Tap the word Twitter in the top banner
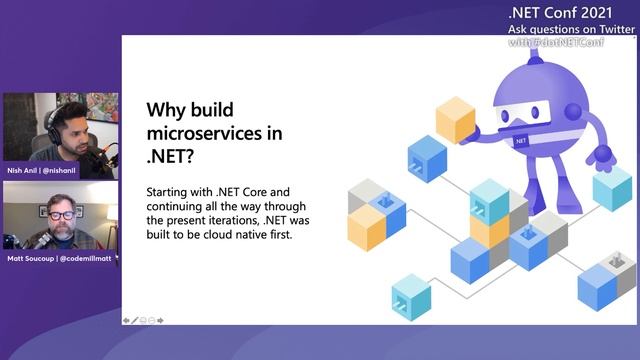pos(613,29)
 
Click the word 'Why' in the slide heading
pos(166,109)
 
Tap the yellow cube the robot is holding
pos(455,120)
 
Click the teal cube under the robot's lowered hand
pos(612,187)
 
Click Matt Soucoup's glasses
pos(61,216)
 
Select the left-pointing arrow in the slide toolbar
pos(127,320)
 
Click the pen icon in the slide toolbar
pos(135,320)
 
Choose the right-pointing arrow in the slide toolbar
pos(160,320)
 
